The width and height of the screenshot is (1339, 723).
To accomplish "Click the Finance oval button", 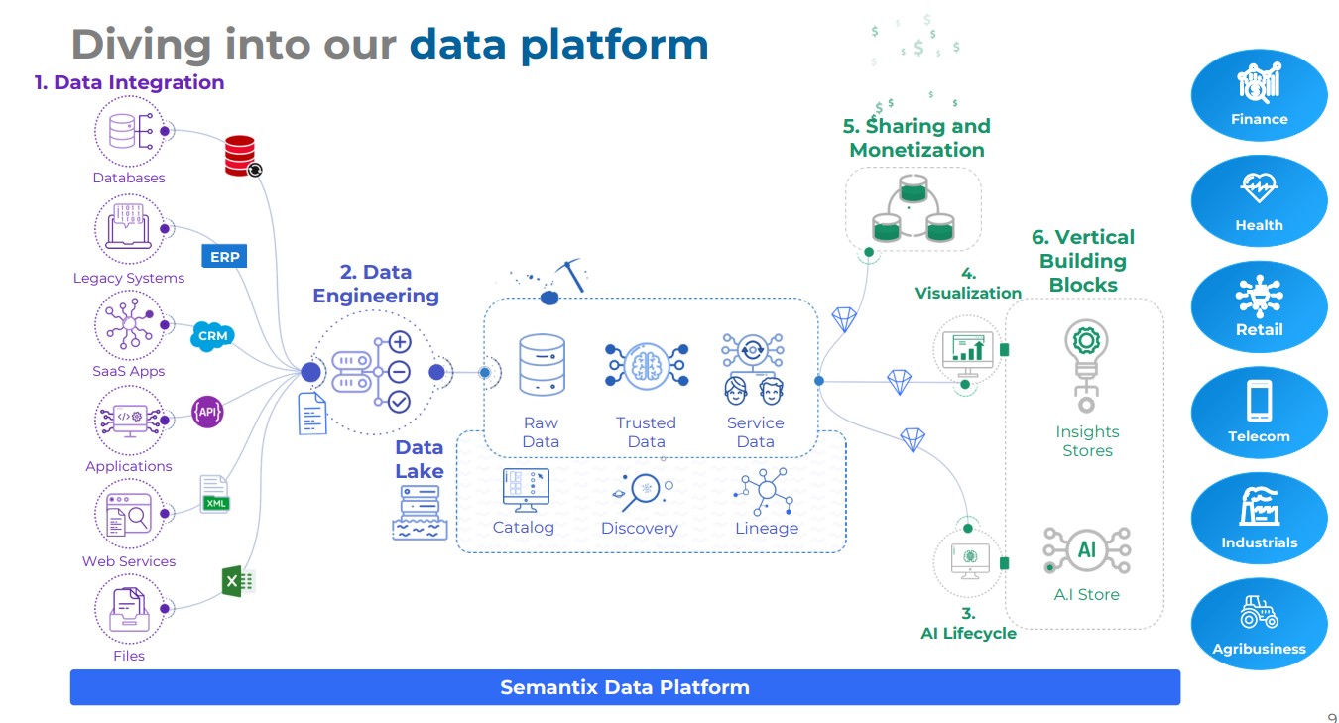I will point(1259,95).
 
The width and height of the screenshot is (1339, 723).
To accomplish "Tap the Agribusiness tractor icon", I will point(1259,612).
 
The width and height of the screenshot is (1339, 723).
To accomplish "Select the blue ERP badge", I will point(225,257).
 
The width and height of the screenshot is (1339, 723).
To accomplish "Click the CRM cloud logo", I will point(212,336).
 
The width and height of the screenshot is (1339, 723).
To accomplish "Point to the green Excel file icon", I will point(238,581).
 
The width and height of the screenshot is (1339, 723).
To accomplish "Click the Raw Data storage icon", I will point(542,366).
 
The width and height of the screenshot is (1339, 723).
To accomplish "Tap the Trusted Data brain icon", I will point(647,366).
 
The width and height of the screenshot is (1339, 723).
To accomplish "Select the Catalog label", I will point(524,528).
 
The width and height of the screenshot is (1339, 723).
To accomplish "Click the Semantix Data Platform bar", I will point(625,687).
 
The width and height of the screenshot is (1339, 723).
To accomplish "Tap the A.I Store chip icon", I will point(1086,551).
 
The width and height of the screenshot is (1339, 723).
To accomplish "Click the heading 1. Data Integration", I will point(129,82).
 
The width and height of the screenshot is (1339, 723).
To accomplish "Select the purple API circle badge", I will point(207,411).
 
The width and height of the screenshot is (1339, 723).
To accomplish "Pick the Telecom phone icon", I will point(1260,401).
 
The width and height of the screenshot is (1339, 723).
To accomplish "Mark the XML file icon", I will point(214,494).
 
